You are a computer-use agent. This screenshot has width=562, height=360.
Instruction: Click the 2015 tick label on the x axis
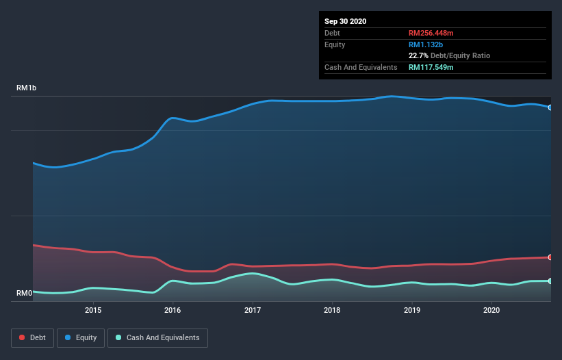click(93, 310)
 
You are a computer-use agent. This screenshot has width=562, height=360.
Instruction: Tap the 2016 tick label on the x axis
click(173, 310)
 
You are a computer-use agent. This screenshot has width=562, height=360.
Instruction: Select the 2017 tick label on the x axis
click(253, 310)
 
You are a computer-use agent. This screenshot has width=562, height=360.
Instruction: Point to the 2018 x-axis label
click(332, 310)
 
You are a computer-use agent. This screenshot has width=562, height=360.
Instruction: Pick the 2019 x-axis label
click(412, 310)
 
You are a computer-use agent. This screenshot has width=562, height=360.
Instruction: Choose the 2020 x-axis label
click(491, 310)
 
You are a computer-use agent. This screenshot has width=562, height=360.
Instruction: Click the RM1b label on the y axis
click(27, 88)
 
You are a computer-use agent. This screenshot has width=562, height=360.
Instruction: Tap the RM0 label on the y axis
click(25, 294)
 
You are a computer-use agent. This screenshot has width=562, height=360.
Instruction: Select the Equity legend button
click(81, 337)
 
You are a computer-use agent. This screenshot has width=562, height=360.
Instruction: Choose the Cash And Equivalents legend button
click(157, 337)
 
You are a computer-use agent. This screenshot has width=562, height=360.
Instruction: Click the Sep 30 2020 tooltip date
click(345, 21)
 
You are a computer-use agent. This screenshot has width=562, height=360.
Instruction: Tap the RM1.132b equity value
click(426, 44)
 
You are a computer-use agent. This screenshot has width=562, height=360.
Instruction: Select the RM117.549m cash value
click(431, 67)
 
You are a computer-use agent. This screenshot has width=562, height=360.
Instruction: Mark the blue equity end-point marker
click(550, 107)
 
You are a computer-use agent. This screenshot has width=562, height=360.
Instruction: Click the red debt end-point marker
click(550, 257)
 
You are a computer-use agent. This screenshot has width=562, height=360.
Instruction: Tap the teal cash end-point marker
click(550, 281)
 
